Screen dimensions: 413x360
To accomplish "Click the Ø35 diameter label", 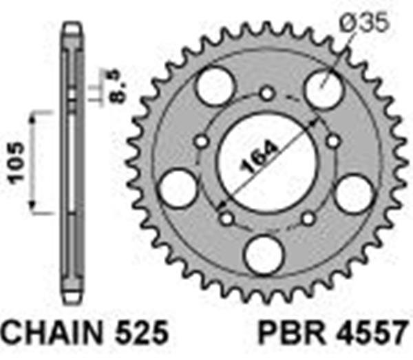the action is coord(364,22).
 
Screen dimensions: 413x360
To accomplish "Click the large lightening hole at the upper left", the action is coord(215,86).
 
